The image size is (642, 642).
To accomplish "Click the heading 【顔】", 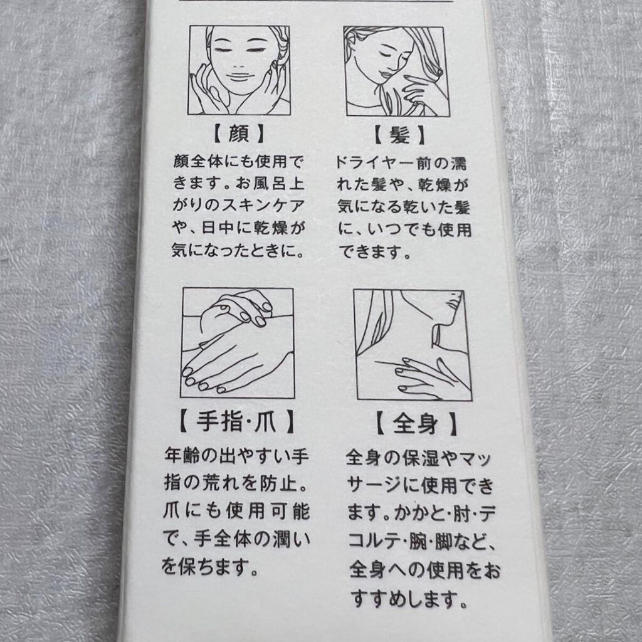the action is coord(239,134).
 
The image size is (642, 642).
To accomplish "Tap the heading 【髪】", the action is coord(399,135).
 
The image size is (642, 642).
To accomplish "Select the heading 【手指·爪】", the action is coord(237,421).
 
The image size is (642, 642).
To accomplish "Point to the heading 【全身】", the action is coord(416,423).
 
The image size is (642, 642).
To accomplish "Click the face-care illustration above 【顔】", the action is coord(239,70).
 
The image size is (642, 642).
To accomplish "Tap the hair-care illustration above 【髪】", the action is coord(396,71).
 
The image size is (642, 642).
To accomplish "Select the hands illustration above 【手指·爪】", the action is coord(238,343).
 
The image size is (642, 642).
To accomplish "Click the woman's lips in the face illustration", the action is coord(238,76).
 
